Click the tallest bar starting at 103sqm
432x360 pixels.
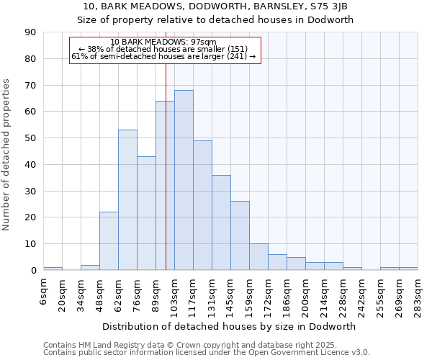(184, 180)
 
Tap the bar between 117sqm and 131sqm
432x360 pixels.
(202, 205)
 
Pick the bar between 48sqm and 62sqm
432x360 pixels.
(109, 241)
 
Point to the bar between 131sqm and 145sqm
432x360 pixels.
(221, 222)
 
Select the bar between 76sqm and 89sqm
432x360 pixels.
(146, 213)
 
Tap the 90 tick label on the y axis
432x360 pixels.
(30, 32)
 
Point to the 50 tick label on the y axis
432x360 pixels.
(30, 138)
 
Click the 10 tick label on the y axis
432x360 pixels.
(30, 244)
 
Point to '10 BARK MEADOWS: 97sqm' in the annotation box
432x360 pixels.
(164, 42)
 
